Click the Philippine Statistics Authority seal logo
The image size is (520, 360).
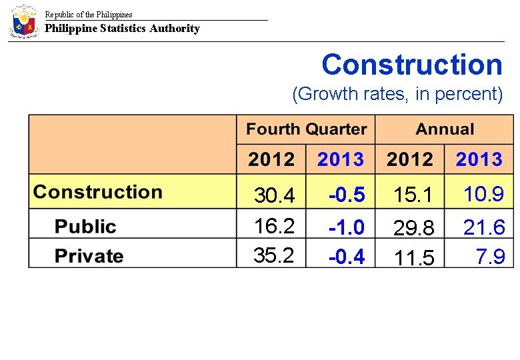point(24,21)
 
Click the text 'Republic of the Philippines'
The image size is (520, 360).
point(89,14)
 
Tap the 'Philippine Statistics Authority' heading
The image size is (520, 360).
point(122,28)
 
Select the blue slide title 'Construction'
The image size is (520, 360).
point(411,65)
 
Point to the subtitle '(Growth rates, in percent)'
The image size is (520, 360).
point(397,94)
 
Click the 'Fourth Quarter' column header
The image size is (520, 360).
point(306,129)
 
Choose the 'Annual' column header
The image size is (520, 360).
point(445,129)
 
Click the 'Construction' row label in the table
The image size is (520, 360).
point(98,192)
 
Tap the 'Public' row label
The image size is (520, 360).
point(85,227)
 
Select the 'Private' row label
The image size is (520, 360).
point(89,256)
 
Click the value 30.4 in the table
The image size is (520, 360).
point(274,196)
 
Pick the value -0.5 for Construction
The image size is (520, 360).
point(347,195)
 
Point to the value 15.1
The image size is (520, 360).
point(413,196)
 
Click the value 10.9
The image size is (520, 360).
point(484,195)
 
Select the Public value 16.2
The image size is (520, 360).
point(274,227)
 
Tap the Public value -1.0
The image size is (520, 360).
point(347,228)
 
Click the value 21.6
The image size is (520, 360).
point(484,228)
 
